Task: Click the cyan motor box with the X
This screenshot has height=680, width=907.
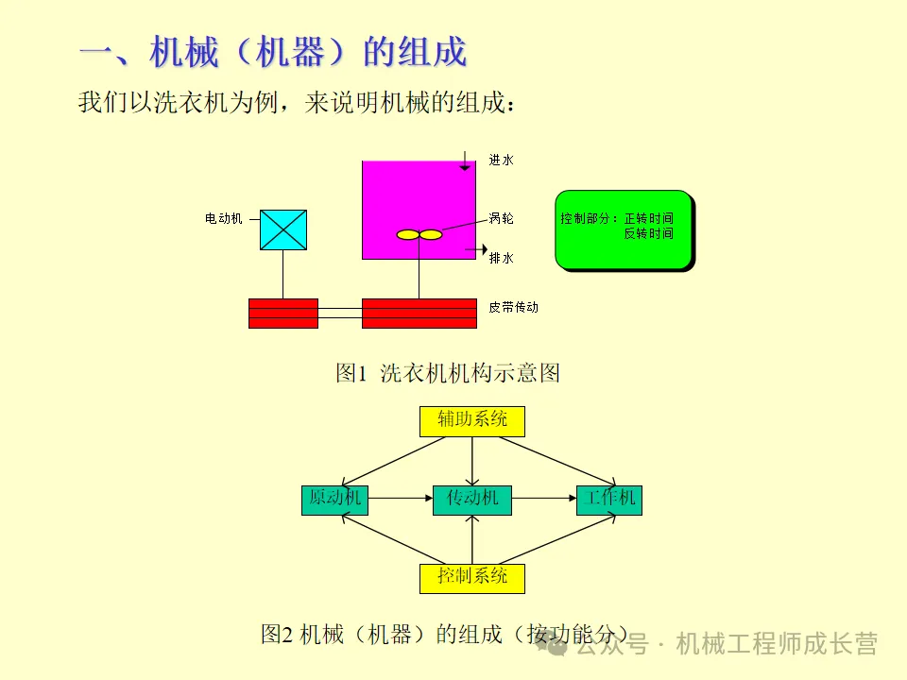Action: point(283,229)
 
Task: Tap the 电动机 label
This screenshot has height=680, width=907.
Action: point(224,218)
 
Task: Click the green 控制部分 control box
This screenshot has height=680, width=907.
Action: point(624,229)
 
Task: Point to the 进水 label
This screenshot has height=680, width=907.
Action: point(502,161)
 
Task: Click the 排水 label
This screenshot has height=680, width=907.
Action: point(502,258)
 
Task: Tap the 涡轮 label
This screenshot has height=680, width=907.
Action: point(502,218)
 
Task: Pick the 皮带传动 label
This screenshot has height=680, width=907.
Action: point(514,307)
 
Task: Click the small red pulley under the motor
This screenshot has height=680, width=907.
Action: point(283,313)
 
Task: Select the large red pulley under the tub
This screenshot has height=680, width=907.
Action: point(419,313)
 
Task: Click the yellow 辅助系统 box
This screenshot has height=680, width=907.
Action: point(471,420)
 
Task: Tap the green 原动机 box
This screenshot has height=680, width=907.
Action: point(334,499)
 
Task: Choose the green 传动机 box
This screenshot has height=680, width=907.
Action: point(471,499)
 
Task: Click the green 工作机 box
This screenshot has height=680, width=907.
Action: point(609,499)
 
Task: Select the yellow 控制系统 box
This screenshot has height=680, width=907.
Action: point(471,577)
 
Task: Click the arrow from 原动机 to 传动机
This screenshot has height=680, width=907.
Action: point(401,497)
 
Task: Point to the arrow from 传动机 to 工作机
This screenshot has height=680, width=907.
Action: point(543,497)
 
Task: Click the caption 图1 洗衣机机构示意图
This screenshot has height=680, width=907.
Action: point(448,373)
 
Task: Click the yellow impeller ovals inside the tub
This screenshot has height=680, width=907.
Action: point(419,234)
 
